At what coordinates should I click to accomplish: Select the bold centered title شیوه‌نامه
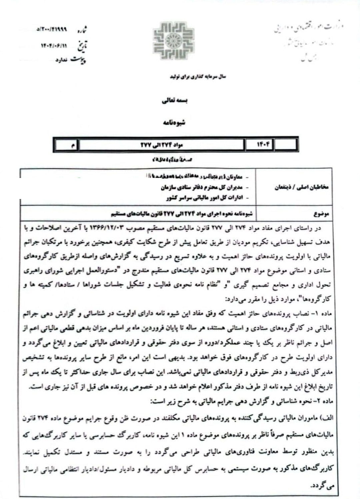(174, 122)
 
